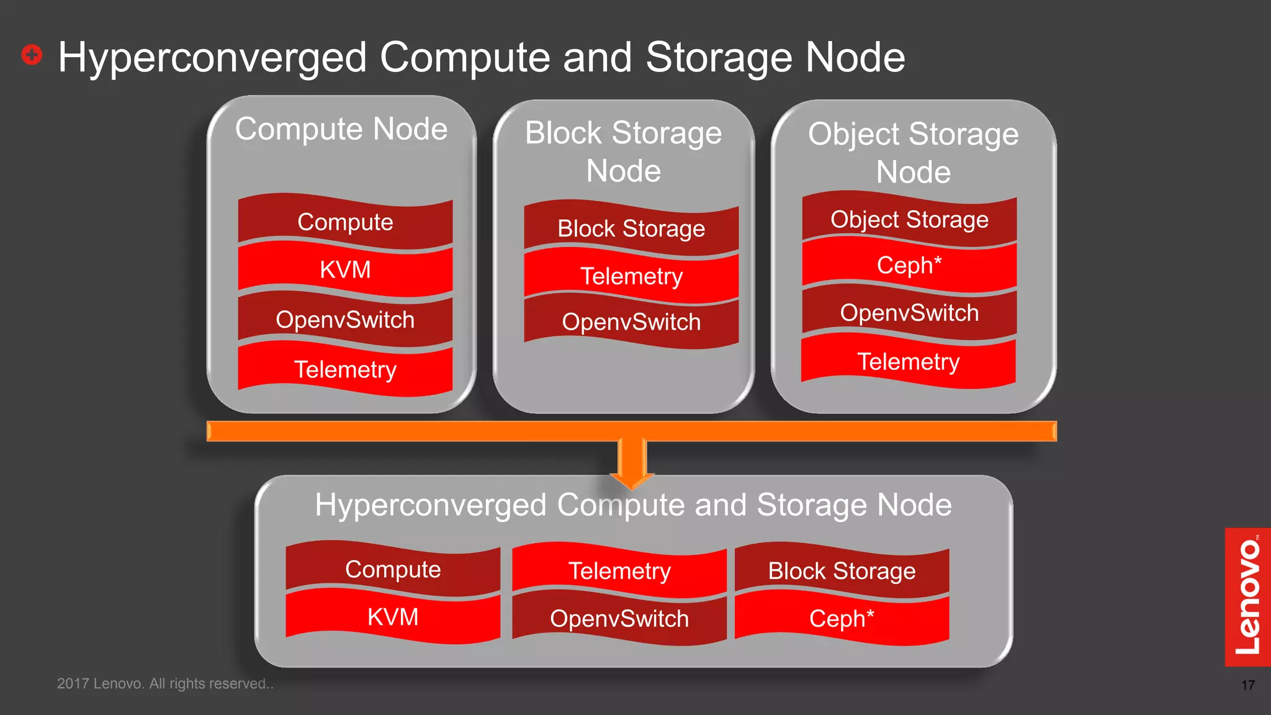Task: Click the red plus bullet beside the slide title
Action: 32,55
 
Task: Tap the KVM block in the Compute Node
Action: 345,270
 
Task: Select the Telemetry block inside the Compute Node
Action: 345,370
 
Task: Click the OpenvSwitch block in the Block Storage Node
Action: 631,322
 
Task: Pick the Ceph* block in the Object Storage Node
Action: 909,266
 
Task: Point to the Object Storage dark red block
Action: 909,220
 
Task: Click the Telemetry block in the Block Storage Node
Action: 631,276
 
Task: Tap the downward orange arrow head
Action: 632,479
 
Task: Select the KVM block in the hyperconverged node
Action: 393,618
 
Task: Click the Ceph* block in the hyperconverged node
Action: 842,619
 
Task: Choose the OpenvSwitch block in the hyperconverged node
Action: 619,619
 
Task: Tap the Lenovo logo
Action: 1247,596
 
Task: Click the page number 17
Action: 1247,685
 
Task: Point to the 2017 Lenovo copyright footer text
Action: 165,683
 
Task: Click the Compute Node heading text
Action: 341,129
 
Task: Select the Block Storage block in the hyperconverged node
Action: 842,571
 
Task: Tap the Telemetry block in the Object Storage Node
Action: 909,362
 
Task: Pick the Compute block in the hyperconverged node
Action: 393,570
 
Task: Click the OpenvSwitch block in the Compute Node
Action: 345,320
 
